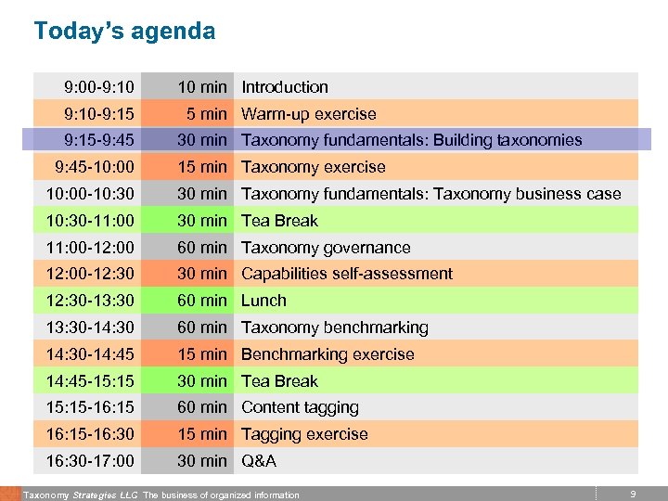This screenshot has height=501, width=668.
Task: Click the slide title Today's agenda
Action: [124, 32]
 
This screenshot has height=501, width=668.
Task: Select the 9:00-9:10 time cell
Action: [99, 87]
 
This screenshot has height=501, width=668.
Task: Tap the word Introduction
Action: [285, 87]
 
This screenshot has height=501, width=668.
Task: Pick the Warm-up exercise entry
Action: [309, 114]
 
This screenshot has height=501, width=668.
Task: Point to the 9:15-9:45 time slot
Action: [99, 140]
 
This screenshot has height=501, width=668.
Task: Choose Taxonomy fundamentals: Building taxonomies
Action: [412, 140]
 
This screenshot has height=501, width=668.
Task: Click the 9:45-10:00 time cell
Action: [95, 167]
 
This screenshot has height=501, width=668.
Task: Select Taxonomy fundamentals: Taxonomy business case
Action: [431, 194]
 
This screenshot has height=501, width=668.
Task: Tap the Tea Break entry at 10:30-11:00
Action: [279, 221]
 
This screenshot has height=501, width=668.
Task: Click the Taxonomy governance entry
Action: [326, 248]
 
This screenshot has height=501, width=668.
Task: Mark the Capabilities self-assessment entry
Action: [347, 274]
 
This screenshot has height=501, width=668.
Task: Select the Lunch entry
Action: [264, 301]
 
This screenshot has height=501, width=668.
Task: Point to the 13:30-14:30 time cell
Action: [90, 328]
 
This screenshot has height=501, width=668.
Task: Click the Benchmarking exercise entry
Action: [328, 354]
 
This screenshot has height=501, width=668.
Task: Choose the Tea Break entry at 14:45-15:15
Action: [279, 381]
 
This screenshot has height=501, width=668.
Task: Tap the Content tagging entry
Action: [300, 407]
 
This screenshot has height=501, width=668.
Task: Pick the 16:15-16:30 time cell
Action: [90, 434]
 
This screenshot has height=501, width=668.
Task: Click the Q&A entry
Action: [259, 461]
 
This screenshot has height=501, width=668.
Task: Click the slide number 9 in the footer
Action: [632, 495]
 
